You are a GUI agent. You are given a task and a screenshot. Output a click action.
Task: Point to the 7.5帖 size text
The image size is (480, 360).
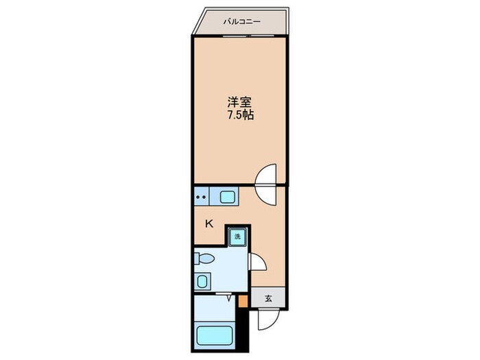tap(240, 116)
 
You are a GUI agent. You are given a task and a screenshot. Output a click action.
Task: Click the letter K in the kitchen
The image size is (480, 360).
tap(209, 223)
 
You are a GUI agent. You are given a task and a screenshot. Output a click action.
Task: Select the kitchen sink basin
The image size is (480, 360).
tap(228, 197)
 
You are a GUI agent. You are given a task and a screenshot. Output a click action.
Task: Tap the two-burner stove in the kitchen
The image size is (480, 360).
tap(202, 197)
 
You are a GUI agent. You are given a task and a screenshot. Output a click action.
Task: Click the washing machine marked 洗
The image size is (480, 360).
tap(237, 237)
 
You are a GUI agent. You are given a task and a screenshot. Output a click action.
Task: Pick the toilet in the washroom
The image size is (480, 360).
tap(204, 259)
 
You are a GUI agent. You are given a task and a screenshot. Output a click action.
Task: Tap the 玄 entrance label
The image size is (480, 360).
tap(269, 298)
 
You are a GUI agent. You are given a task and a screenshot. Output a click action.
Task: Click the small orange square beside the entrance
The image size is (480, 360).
tap(242, 300)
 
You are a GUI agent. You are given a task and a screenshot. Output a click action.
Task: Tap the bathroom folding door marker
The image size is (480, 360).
tap(228, 297)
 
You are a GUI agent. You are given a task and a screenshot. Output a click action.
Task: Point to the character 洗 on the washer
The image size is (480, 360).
tap(237, 237)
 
